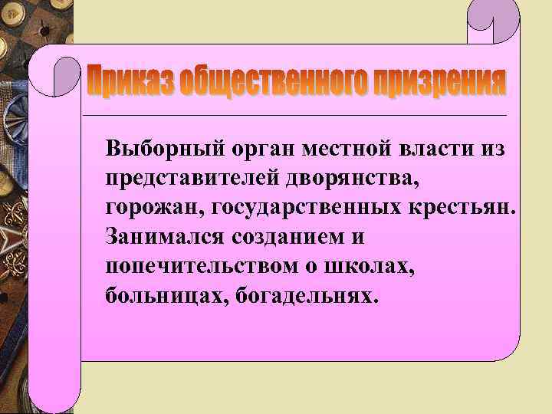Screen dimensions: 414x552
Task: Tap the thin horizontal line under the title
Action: click(x=307, y=115)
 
